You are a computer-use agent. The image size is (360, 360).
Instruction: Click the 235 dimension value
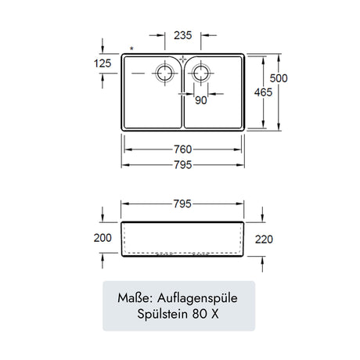(183, 35)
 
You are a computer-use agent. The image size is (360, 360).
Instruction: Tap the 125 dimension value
(103, 63)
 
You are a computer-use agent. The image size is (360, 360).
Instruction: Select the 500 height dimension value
(279, 78)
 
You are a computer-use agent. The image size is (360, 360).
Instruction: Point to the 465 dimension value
(263, 92)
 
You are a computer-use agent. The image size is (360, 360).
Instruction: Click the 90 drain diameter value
(201, 100)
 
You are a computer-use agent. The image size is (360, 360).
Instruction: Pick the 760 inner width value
(183, 149)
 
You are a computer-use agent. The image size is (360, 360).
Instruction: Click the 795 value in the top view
(183, 165)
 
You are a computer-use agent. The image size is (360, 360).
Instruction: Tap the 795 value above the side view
(182, 203)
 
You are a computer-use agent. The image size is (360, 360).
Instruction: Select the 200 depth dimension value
(103, 238)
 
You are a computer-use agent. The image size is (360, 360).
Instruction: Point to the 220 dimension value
(264, 239)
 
